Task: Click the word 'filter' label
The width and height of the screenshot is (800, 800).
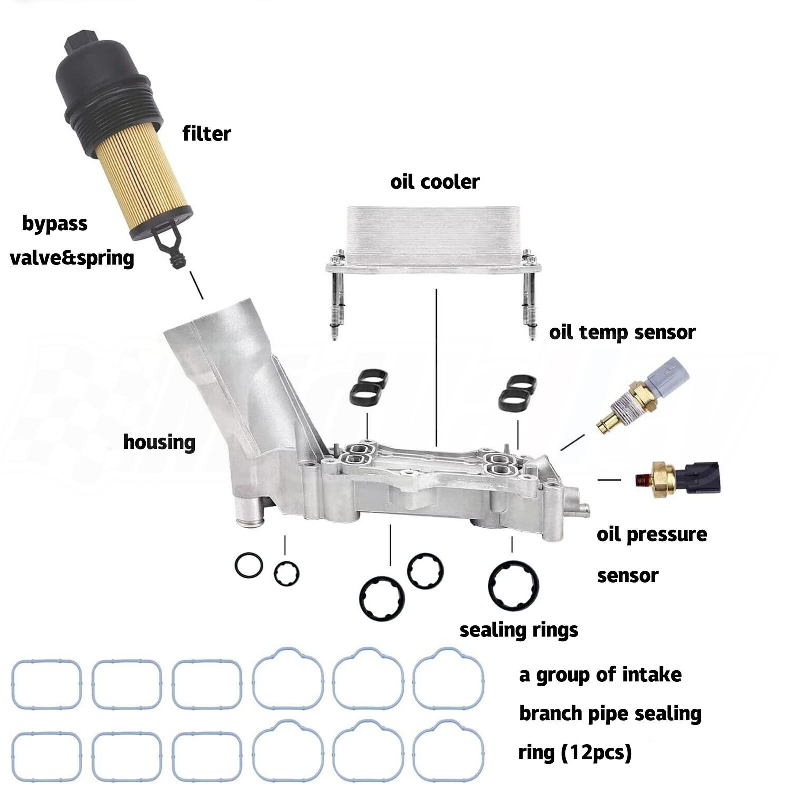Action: click(x=206, y=134)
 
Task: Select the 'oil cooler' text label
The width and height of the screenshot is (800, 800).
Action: click(x=434, y=182)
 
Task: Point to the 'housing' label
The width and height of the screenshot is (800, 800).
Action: click(x=159, y=442)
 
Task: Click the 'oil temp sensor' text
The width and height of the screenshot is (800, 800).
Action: click(x=622, y=332)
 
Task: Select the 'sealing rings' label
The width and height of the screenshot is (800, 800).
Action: click(x=518, y=630)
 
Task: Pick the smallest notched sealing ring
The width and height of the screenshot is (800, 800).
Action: click(x=286, y=573)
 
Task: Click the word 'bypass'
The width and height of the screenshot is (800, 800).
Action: click(x=55, y=223)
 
